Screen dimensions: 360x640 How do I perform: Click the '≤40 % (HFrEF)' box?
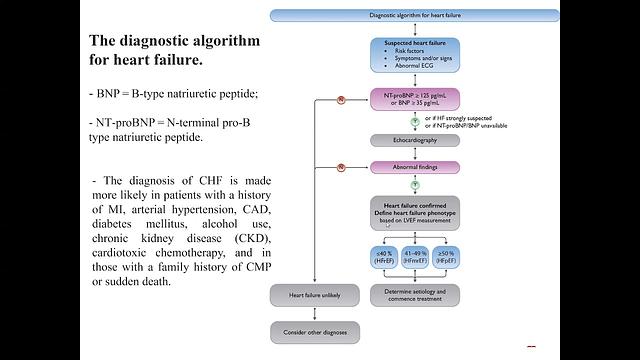pos(386,260)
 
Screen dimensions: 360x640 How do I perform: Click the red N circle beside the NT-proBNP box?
pos(341,101)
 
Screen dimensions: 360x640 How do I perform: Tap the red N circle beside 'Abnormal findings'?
pos(341,166)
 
